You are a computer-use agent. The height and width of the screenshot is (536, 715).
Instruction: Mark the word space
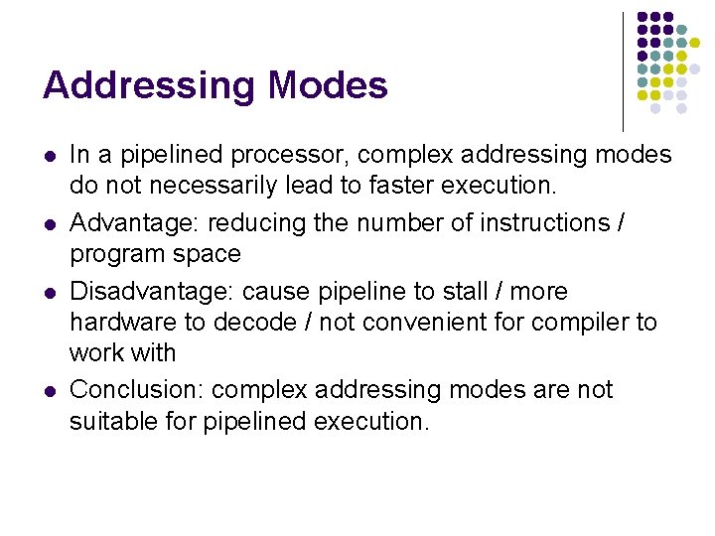point(205,254)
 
